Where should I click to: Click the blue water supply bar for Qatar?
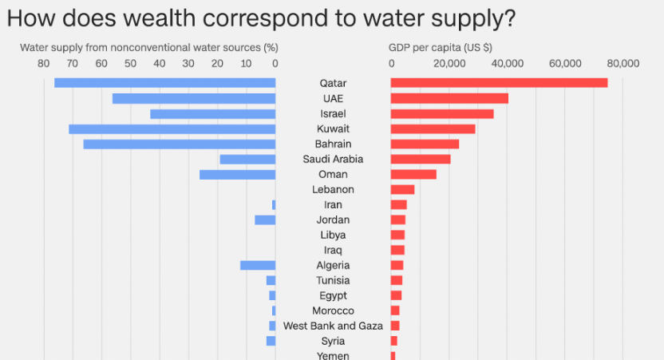[164, 83]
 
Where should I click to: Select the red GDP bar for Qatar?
[499, 83]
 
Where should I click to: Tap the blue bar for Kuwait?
[172, 129]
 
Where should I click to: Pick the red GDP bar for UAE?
[449, 98]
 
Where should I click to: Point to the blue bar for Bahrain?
[179, 144]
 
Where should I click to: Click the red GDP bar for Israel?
[442, 113]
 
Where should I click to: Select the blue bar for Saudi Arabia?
[247, 160]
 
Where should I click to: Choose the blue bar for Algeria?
[258, 265]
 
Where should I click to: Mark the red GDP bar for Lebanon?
[402, 190]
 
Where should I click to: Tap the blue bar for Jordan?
[265, 220]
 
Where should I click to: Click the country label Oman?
[333, 175]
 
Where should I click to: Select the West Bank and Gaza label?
[333, 326]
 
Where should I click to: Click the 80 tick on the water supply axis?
[42, 63]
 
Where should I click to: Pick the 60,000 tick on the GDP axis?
[565, 63]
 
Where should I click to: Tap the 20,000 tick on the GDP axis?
[449, 63]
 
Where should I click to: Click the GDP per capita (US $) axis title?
[440, 47]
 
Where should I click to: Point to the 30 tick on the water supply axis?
[188, 63]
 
